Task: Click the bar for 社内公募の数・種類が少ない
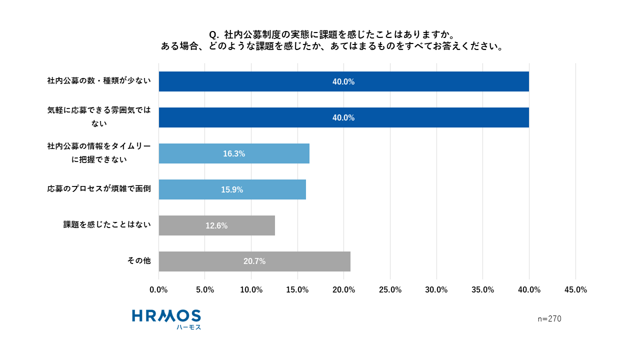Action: click(343, 81)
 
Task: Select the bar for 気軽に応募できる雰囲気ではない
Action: click(343, 117)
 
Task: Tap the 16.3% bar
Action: click(234, 153)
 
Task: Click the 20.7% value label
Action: click(254, 261)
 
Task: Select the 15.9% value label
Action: click(232, 190)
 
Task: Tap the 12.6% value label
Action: click(216, 226)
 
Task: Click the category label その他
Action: click(139, 261)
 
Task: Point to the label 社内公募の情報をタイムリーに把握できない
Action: click(99, 153)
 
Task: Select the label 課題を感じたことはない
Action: click(107, 225)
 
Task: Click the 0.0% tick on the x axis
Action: click(159, 290)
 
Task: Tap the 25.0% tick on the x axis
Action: click(390, 290)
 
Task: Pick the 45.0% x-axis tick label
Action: click(575, 290)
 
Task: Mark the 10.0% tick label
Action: click(251, 290)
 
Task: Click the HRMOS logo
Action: click(166, 316)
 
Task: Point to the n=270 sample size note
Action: click(549, 319)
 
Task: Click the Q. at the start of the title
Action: click(214, 34)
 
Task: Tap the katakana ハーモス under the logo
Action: click(188, 327)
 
